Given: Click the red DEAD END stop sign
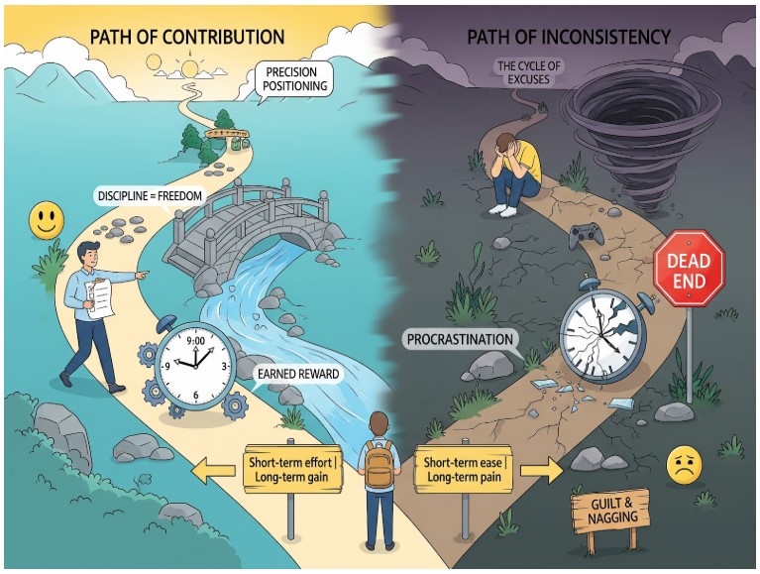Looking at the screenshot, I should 689,266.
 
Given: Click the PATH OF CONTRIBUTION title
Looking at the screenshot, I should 187,38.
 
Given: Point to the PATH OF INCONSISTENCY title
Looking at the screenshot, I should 571,38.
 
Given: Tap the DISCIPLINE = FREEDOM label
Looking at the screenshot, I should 151,195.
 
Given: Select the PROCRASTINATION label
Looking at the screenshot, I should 462,340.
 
